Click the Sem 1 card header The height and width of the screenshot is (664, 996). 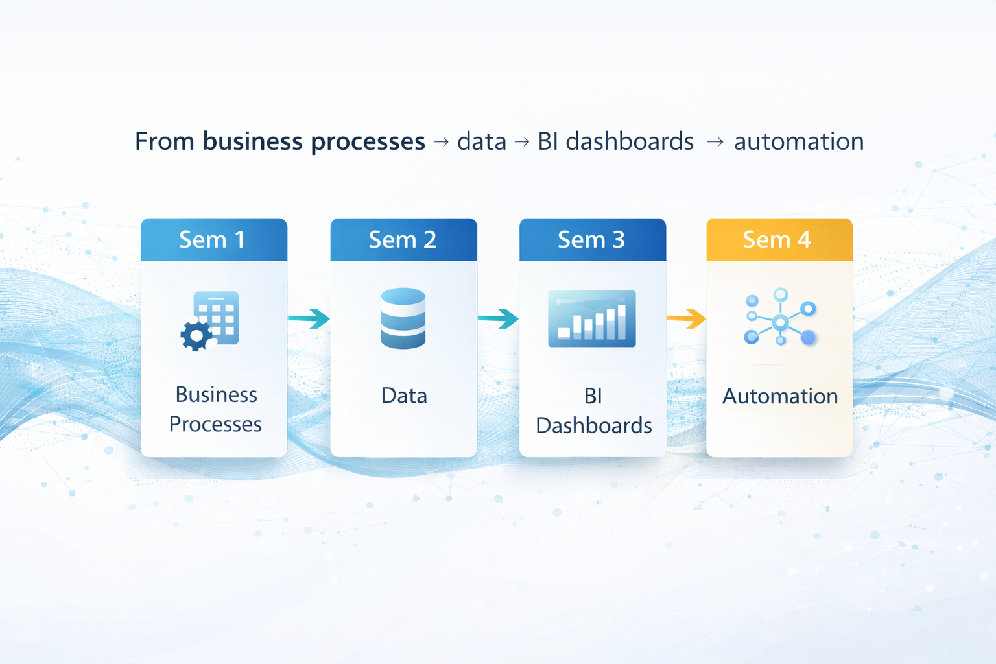pyautogui.click(x=213, y=240)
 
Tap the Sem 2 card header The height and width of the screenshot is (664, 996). pyautogui.click(x=403, y=240)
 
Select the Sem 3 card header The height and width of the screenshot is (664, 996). pyautogui.click(x=592, y=240)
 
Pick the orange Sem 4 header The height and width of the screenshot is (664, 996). pyautogui.click(x=779, y=240)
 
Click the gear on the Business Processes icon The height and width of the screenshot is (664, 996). pyautogui.click(x=196, y=335)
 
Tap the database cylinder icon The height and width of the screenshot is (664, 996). pyautogui.click(x=403, y=318)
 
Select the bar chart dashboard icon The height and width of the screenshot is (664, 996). pyautogui.click(x=591, y=318)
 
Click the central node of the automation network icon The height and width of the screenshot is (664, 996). pyautogui.click(x=781, y=322)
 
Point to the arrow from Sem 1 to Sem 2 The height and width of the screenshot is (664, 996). pyautogui.click(x=309, y=318)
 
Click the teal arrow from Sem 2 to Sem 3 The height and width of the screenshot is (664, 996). pyautogui.click(x=498, y=318)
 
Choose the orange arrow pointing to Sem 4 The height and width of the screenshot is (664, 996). pyautogui.click(x=686, y=318)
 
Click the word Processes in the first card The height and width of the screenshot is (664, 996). pyautogui.click(x=215, y=424)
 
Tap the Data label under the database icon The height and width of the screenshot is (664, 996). pyautogui.click(x=404, y=396)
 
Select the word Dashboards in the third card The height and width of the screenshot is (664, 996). pyautogui.click(x=593, y=425)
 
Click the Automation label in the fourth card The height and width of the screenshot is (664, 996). pyautogui.click(x=780, y=396)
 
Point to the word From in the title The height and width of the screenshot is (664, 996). pyautogui.click(x=165, y=141)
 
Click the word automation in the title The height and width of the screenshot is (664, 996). pyautogui.click(x=798, y=141)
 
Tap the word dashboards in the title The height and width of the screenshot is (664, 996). pyautogui.click(x=629, y=141)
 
